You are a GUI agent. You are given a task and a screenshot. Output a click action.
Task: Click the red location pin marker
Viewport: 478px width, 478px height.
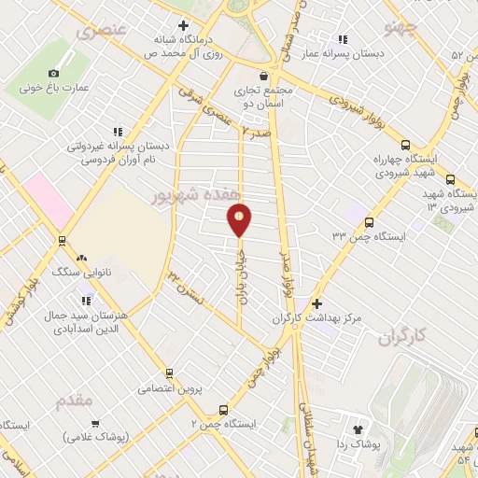tap(239, 220)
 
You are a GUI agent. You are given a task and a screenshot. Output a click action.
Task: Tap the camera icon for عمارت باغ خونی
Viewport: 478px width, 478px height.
tap(53, 73)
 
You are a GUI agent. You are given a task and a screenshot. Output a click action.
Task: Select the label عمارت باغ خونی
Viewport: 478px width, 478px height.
tap(51, 89)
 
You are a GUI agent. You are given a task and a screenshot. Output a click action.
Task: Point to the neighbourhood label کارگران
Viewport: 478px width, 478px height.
tap(408, 337)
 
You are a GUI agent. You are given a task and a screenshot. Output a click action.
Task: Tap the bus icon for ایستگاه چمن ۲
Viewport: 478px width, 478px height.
tap(222, 409)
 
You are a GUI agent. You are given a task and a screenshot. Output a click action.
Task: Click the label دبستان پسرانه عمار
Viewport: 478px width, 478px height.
tap(370, 53)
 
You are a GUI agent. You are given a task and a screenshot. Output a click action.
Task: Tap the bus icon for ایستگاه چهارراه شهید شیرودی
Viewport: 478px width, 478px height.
tap(403, 145)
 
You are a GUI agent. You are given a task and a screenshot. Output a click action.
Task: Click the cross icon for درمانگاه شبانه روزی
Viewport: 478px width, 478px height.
tap(183, 26)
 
